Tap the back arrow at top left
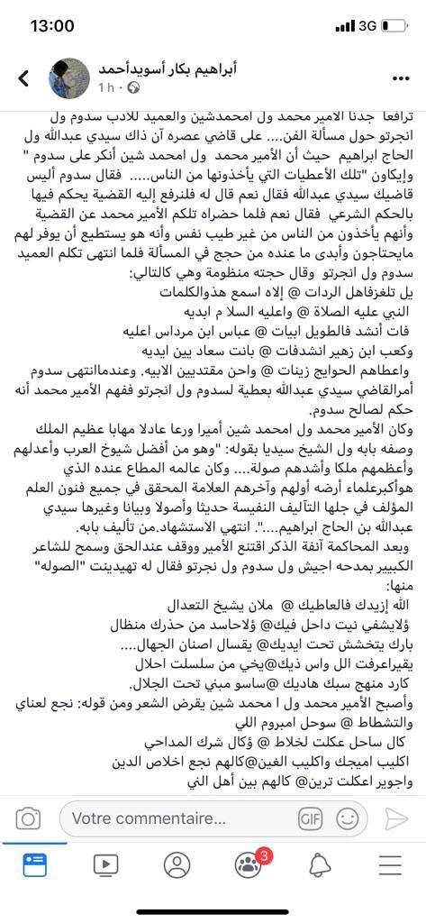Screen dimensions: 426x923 [24, 78]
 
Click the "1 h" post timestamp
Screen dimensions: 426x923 [105, 88]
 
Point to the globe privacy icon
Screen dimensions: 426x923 [133, 88]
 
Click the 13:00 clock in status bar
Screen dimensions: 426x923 [51, 26]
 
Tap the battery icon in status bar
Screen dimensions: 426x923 [395, 27]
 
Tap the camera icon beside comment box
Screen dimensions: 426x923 [29, 818]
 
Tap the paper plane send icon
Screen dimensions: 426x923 [396, 818]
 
